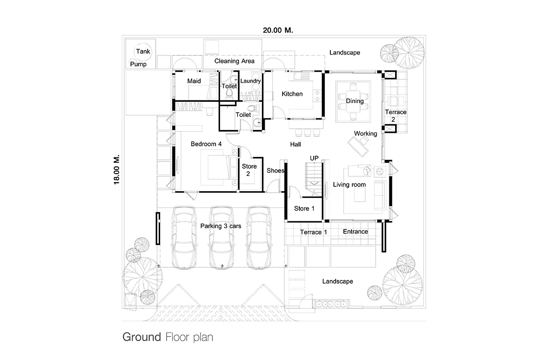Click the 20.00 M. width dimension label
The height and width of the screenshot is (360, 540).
click(278, 31)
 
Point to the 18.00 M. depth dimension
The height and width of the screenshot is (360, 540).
click(117, 170)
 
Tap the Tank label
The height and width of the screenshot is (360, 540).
click(143, 51)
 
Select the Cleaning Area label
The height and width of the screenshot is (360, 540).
click(234, 61)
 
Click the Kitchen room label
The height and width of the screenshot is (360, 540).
click(292, 94)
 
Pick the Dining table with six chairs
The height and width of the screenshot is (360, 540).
click(353, 101)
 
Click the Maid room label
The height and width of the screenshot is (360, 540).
click(194, 81)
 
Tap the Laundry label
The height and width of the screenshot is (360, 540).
click(251, 81)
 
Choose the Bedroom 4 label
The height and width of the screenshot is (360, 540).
click(206, 144)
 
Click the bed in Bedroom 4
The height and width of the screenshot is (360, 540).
click(216, 167)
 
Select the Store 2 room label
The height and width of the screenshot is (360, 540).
click(249, 170)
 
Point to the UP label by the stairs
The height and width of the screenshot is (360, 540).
click(314, 158)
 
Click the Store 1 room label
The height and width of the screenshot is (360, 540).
click(304, 208)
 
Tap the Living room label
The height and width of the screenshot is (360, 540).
click(349, 184)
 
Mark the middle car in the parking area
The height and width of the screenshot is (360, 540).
click(222, 237)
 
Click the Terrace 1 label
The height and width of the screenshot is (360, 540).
click(313, 232)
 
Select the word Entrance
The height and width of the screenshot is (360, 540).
click(355, 231)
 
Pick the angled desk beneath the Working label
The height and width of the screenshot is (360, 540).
click(358, 146)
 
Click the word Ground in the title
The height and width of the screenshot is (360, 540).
click(142, 337)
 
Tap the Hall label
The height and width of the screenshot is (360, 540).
click(295, 144)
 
